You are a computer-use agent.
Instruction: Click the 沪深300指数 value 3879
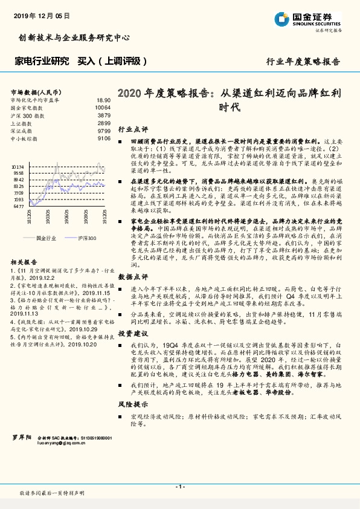point(103,115)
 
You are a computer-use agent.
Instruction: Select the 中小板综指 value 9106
point(103,138)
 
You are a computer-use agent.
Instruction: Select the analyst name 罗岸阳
point(21,436)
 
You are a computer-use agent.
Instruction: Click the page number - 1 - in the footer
point(180,487)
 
